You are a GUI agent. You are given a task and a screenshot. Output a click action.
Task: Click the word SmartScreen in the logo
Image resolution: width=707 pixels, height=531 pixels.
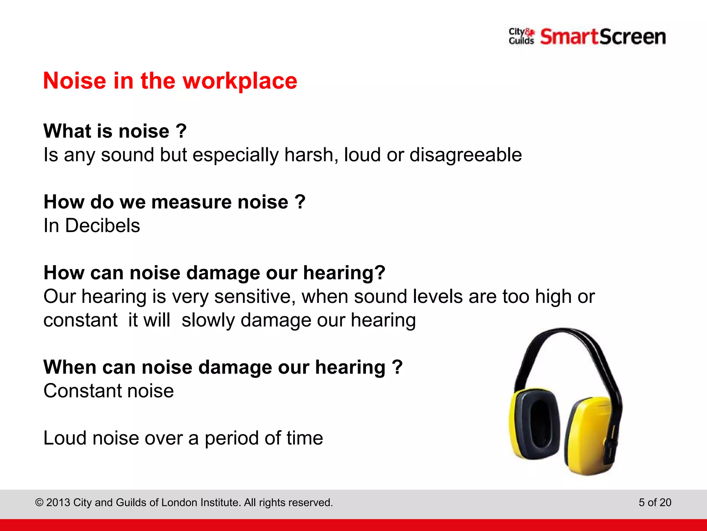pyautogui.click(x=603, y=37)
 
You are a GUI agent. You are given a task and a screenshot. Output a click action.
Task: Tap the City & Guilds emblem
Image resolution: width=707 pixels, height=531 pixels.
pyautogui.click(x=521, y=36)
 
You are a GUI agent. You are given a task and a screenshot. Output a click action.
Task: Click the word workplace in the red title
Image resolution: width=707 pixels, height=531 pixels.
pyautogui.click(x=240, y=81)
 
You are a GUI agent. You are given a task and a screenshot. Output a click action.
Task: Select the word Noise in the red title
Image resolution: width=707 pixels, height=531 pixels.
pyautogui.click(x=75, y=81)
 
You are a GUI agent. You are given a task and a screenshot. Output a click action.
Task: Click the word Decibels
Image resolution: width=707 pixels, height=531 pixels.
pyautogui.click(x=103, y=226)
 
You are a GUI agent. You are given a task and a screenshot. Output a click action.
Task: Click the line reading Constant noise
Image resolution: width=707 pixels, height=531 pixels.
pyautogui.click(x=108, y=391)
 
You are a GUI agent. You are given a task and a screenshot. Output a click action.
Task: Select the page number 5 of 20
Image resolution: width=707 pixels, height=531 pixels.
pyautogui.click(x=655, y=502)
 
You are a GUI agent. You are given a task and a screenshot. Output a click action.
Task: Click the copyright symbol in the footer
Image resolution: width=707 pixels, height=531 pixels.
pyautogui.click(x=39, y=503)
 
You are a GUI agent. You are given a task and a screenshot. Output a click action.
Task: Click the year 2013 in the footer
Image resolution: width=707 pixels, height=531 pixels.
pyautogui.click(x=58, y=503)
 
